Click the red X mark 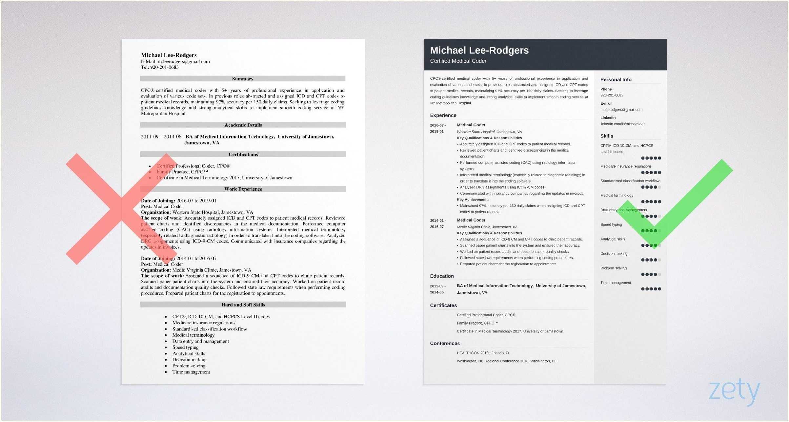coord(121,209)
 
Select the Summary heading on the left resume coord(243,79)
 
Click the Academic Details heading coord(243,125)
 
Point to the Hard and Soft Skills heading coord(243,305)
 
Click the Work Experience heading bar coord(243,189)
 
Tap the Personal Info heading coord(616,80)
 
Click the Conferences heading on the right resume coord(445,343)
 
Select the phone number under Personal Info coord(612,95)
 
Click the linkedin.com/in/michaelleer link coord(622,124)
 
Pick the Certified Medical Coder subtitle coord(458,61)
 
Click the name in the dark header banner coord(479,50)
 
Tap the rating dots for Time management coord(651,289)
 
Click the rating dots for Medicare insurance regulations coord(651,173)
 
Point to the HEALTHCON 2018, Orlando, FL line coord(483,353)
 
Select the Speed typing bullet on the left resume coord(185,347)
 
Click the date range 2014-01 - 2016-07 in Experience coord(437,223)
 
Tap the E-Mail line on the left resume coord(175,61)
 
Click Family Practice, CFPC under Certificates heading coord(477,323)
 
